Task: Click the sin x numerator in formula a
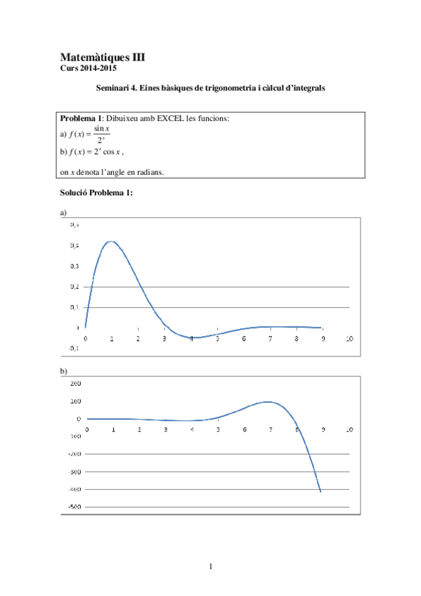pyautogui.click(x=103, y=128)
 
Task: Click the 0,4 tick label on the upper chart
pyautogui.click(x=74, y=245)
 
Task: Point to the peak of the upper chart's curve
pyautogui.click(x=110, y=242)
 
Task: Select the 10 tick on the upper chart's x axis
pyautogui.click(x=349, y=339)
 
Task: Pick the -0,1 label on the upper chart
pyautogui.click(x=73, y=348)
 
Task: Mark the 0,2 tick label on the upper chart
pyautogui.click(x=74, y=287)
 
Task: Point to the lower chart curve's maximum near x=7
pyautogui.click(x=268, y=402)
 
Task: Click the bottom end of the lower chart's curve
pyautogui.click(x=321, y=492)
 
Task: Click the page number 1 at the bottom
pyautogui.click(x=210, y=566)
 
